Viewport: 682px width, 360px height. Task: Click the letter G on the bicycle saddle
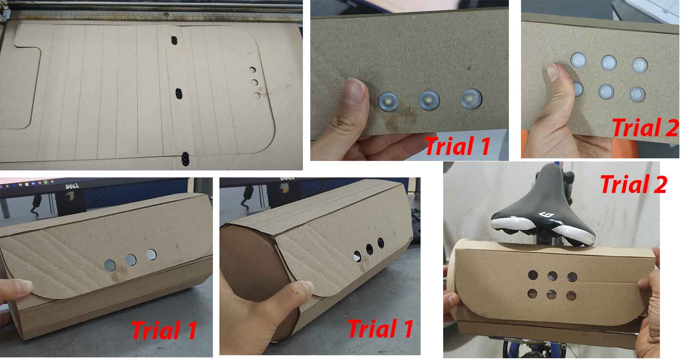[547, 215]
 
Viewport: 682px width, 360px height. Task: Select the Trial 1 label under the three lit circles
[457, 146]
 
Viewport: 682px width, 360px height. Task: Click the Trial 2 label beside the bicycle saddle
[634, 184]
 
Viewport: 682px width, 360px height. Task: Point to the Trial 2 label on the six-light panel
[645, 128]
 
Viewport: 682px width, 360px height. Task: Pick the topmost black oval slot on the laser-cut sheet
[174, 40]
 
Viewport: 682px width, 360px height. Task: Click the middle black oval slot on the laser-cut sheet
[179, 94]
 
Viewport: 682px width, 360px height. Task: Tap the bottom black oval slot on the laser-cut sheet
[185, 159]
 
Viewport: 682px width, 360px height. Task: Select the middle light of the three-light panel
[429, 100]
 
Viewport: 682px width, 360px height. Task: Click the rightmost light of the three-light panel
[471, 99]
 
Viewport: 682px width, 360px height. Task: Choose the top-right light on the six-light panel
[640, 65]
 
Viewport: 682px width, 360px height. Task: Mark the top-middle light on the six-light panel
[608, 63]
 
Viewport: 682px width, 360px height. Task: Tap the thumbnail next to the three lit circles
[354, 91]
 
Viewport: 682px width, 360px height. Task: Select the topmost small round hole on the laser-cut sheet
[252, 70]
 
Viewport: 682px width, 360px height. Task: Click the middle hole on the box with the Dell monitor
[131, 260]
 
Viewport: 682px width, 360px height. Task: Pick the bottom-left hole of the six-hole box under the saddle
[533, 294]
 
